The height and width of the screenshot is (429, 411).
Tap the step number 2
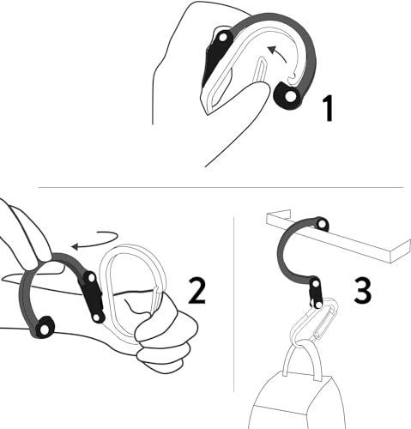pyautogui.click(x=197, y=292)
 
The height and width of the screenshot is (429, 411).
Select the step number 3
pyautogui.click(x=364, y=290)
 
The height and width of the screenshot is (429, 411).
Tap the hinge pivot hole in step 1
pyautogui.click(x=223, y=37)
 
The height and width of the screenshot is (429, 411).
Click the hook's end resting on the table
pyautogui.click(x=321, y=225)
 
